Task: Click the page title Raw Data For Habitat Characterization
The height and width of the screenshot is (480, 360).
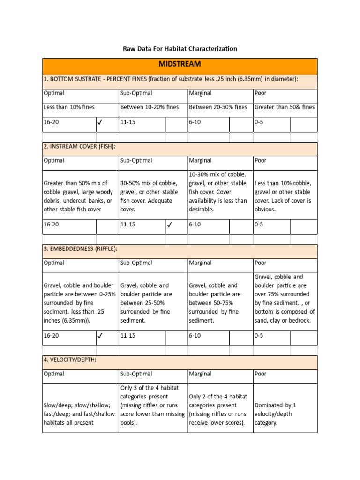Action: (x=180, y=49)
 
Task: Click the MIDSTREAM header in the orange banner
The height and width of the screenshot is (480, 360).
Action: (x=180, y=64)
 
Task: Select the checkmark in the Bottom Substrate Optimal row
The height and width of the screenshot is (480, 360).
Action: (x=100, y=124)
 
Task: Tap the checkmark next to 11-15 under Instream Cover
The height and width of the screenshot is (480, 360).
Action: (x=170, y=225)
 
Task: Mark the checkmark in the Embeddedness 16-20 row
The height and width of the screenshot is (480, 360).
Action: (x=100, y=336)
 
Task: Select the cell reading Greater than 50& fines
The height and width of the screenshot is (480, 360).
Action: (x=285, y=107)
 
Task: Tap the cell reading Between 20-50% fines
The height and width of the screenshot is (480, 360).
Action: (x=218, y=107)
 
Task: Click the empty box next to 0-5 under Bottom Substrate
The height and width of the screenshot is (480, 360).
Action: (x=304, y=124)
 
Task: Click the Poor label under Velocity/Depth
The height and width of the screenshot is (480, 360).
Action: (x=260, y=374)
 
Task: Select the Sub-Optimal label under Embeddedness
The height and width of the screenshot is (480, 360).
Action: (x=136, y=263)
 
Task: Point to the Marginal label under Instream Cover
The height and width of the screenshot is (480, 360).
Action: (x=200, y=161)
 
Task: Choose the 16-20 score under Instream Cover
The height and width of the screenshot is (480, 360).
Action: (x=51, y=225)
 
